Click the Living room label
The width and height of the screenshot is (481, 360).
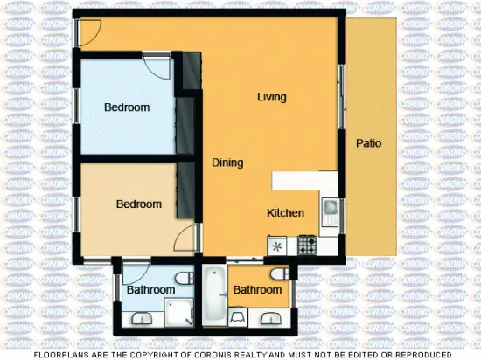click(x=271, y=97)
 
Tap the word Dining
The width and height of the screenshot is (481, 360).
click(x=227, y=163)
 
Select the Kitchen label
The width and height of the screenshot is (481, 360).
click(x=285, y=212)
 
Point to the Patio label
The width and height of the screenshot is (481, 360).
click(x=367, y=143)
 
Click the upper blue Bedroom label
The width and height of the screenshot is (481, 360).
click(x=127, y=107)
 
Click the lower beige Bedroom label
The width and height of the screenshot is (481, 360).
click(x=139, y=204)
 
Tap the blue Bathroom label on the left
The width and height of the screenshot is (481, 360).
click(x=151, y=289)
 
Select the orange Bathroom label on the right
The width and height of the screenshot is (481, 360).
click(x=257, y=289)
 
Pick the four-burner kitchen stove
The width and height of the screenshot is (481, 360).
click(x=306, y=246)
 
